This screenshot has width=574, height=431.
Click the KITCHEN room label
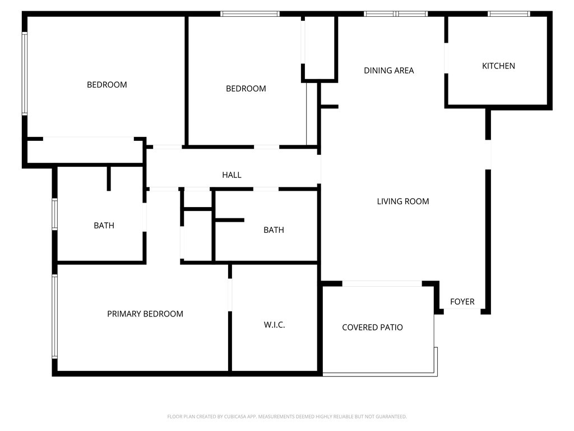pyautogui.click(x=498, y=66)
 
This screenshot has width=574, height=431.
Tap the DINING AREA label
pyautogui.click(x=389, y=70)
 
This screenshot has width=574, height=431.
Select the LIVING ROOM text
pyautogui.click(x=402, y=201)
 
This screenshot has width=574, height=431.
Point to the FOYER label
pyautogui.click(x=462, y=301)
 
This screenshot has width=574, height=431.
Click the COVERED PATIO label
pyautogui.click(x=372, y=327)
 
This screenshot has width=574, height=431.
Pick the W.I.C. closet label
pyautogui.click(x=274, y=325)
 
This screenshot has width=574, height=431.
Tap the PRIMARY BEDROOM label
pyautogui.click(x=145, y=314)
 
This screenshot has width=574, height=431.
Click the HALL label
pyautogui.click(x=232, y=175)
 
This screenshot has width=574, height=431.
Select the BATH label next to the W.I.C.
pyautogui.click(x=274, y=230)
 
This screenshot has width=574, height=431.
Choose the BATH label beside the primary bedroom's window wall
pyautogui.click(x=104, y=226)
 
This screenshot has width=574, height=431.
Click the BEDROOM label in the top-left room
pyautogui.click(x=107, y=85)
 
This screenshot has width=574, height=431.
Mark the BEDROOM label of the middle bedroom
pyautogui.click(x=246, y=88)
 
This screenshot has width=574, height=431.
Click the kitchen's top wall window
pyautogui.click(x=509, y=14)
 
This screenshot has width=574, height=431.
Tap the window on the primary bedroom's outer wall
pyautogui.click(x=54, y=317)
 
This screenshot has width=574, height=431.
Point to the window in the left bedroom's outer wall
pyautogui.click(x=25, y=74)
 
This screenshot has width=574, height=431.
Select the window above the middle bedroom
pyautogui.click(x=250, y=14)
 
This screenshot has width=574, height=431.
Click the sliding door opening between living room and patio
pyautogui.click(x=382, y=283)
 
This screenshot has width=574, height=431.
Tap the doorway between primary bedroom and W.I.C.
pyautogui.click(x=230, y=295)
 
